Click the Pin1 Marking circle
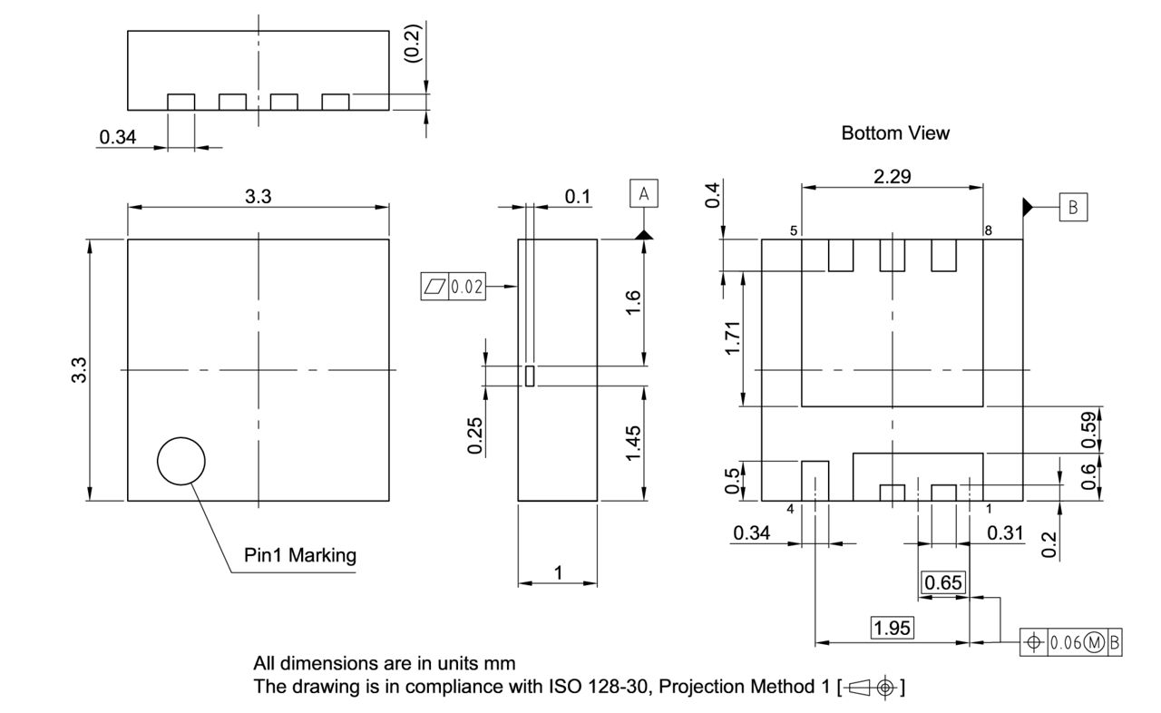point(181,461)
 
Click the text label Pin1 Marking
point(300,554)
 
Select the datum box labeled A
point(644,193)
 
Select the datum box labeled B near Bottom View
point(1073,207)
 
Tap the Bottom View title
point(895,133)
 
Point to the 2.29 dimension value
point(893,177)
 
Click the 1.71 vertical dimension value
point(733,337)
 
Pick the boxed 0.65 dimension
point(943,582)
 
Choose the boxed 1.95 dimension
point(893,628)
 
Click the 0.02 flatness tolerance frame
point(454,288)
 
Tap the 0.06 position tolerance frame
point(1071,642)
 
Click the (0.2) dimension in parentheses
point(411,42)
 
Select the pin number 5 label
point(794,231)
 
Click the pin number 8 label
point(988,231)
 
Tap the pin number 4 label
point(790,509)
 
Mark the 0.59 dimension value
point(1089,428)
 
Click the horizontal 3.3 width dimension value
point(259,197)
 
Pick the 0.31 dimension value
point(1004,533)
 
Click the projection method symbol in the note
point(872,687)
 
